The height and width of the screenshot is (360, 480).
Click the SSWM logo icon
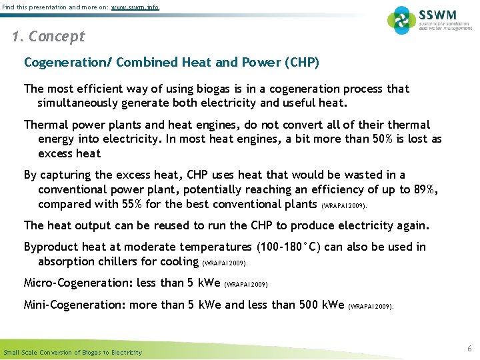point(401,20)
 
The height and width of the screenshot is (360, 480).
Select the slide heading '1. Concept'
point(49,37)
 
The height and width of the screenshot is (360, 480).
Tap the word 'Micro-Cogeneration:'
point(77,283)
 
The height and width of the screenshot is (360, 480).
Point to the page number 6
point(469,349)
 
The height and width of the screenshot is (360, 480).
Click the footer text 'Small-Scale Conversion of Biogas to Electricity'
point(73,352)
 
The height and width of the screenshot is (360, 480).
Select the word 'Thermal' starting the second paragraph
point(45,125)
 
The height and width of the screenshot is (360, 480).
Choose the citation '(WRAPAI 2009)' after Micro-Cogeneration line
point(247,285)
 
